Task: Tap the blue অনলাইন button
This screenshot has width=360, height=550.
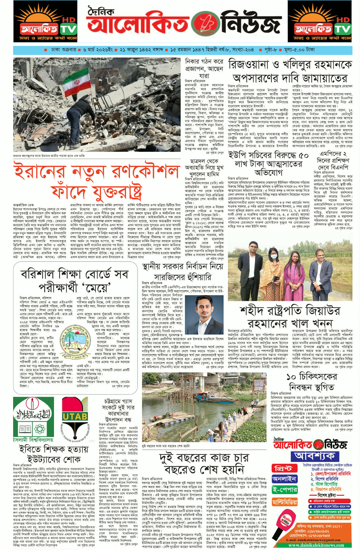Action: (x=285, y=479)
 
